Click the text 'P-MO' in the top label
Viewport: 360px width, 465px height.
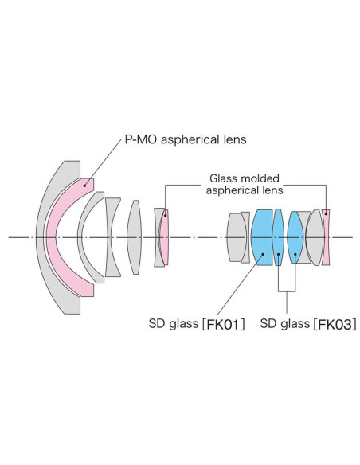141,139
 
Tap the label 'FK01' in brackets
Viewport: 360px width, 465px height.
222,324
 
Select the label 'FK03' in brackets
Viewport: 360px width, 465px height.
335,324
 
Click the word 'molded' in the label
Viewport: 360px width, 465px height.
260,178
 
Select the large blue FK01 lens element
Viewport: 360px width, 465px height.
261,237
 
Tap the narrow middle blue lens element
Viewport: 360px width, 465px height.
278,237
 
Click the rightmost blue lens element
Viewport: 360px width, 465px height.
295,237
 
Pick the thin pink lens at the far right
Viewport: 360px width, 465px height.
326,237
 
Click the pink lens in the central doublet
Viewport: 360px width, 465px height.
164,237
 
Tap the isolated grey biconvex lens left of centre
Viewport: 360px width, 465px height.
135,237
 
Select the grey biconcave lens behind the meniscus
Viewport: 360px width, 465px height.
112,237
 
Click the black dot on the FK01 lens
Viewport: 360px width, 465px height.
263,254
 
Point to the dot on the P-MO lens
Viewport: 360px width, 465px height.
84,186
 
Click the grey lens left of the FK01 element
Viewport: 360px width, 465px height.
237,237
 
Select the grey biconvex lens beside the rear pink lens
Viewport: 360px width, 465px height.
315,237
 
